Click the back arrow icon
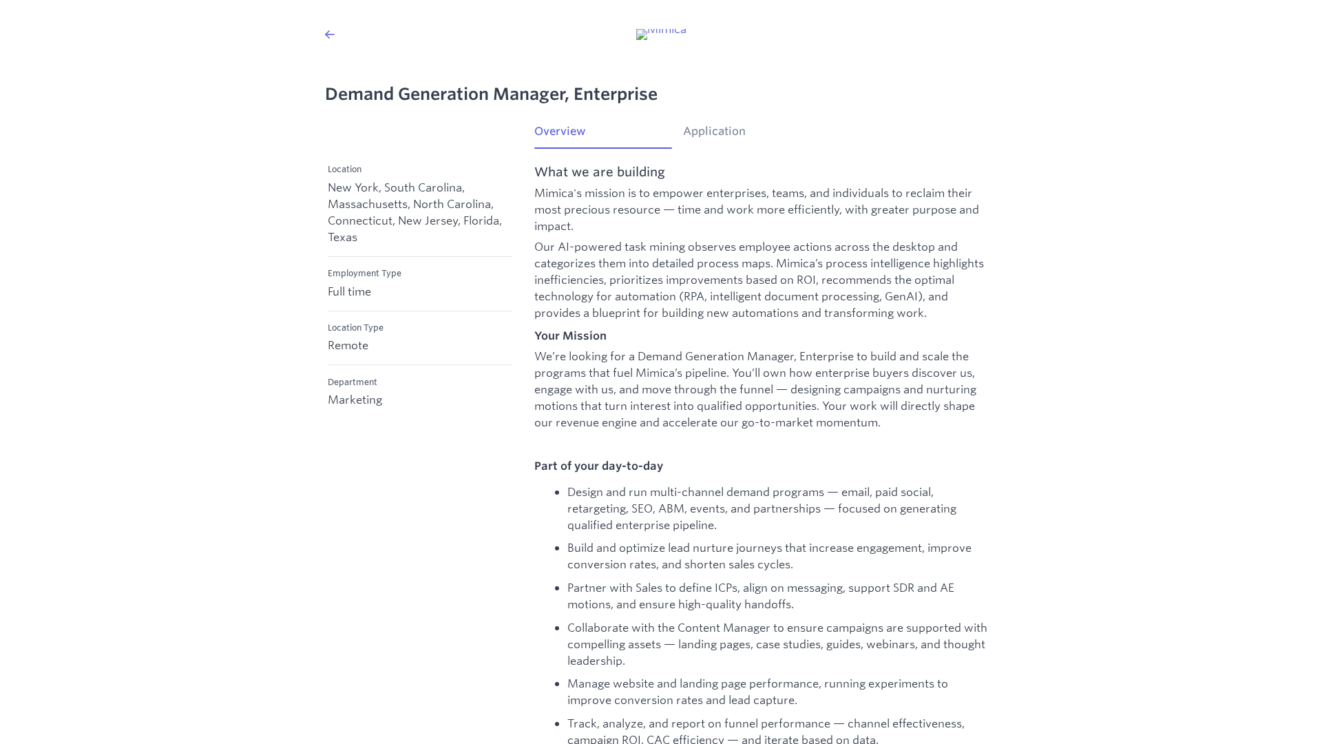[x=330, y=34]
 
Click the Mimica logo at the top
[x=661, y=33]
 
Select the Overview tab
[x=560, y=132]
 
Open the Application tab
[x=714, y=132]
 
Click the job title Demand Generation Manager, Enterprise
[x=491, y=94]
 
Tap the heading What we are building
[x=599, y=172]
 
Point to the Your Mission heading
[x=570, y=336]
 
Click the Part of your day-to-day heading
[x=598, y=466]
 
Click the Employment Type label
[x=364, y=273]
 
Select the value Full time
[x=349, y=292]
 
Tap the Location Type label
[x=355, y=328]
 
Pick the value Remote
[x=348, y=346]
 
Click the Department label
[x=352, y=382]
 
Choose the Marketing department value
[x=355, y=400]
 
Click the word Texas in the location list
[x=342, y=238]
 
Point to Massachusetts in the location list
[x=367, y=205]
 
